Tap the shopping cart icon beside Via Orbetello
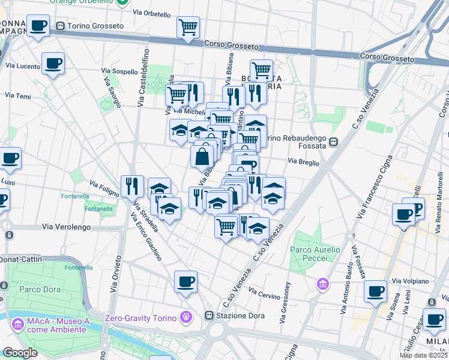pyautogui.click(x=188, y=27)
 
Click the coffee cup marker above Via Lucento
pyautogui.click(x=53, y=64)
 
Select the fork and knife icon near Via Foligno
pyautogui.click(x=132, y=186)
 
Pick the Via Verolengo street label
pyautogui.click(x=66, y=227)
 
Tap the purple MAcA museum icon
pyautogui.click(x=17, y=325)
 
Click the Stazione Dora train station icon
pyautogui.click(x=209, y=315)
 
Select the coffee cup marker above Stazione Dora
pyautogui.click(x=185, y=281)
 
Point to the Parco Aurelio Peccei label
pyautogui.click(x=315, y=253)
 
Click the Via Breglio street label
pyautogui.click(x=303, y=161)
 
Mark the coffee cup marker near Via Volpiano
pyautogui.click(x=375, y=292)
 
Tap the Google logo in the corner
pyautogui.click(x=20, y=353)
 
